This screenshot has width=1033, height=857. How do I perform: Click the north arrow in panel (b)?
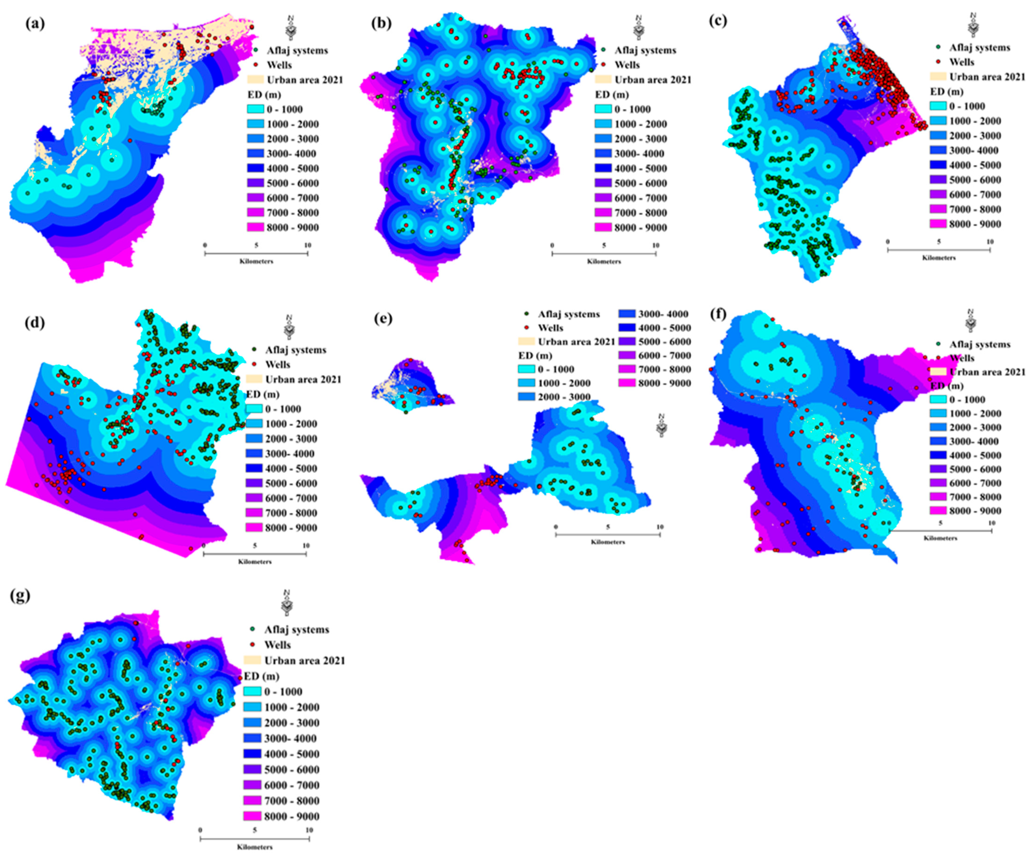point(638,27)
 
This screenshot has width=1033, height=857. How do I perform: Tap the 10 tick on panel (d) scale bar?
point(306,545)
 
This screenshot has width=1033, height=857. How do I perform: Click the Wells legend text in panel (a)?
point(279,65)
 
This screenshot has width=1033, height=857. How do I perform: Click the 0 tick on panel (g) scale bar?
point(200,830)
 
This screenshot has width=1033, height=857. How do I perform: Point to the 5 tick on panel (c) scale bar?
point(939,242)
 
